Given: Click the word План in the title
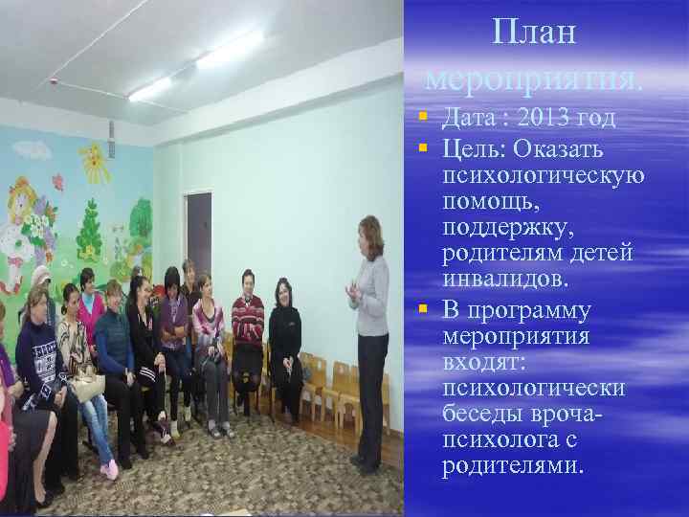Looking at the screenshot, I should coord(535,33).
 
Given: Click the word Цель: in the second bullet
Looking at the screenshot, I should coord(475,147).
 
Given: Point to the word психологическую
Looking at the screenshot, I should coord(543,175).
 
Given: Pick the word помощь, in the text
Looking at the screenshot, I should coord(490,202).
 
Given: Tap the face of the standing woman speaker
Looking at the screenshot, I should coord(367,235).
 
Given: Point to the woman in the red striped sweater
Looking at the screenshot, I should coord(248,316).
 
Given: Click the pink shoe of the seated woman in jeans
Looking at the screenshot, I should coord(110,469).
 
